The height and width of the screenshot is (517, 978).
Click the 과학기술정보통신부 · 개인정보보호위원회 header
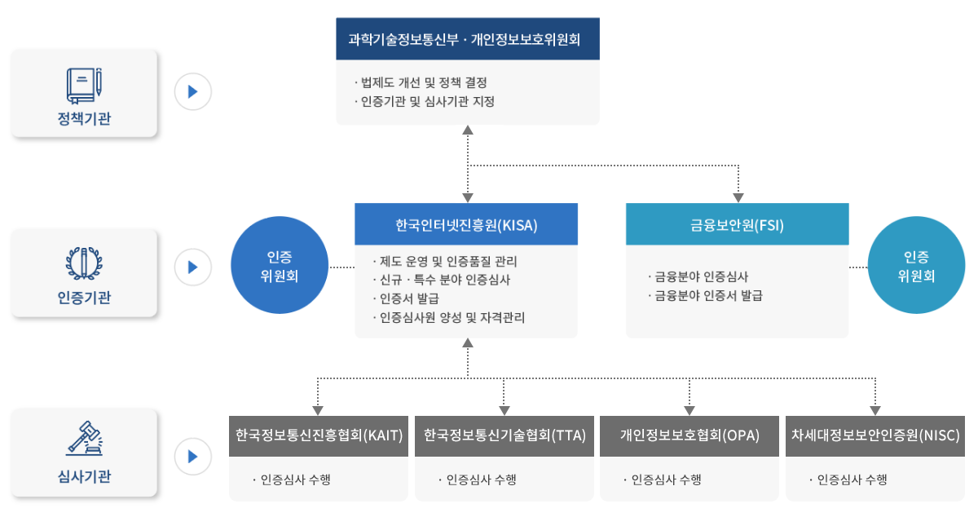468,39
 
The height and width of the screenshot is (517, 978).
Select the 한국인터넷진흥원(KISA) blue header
466,225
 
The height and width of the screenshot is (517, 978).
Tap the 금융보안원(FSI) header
737,225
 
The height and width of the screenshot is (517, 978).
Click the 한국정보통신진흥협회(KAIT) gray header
319,435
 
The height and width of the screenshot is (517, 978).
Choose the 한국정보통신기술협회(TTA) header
504,435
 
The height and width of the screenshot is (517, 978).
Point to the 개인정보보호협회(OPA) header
689,435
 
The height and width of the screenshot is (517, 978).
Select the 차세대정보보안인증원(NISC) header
875,435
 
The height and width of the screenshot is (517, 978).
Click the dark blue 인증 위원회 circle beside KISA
280,267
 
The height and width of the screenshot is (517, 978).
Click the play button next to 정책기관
193,91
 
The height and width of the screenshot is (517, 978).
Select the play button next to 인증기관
193,267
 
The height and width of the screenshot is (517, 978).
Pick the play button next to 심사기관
193,455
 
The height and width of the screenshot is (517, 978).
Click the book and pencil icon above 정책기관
84,85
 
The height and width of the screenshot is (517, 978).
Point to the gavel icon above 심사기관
84,439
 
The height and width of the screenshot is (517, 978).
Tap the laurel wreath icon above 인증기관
84,262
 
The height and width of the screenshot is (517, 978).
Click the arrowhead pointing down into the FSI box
738,197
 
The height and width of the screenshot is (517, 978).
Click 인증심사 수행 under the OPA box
666,479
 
